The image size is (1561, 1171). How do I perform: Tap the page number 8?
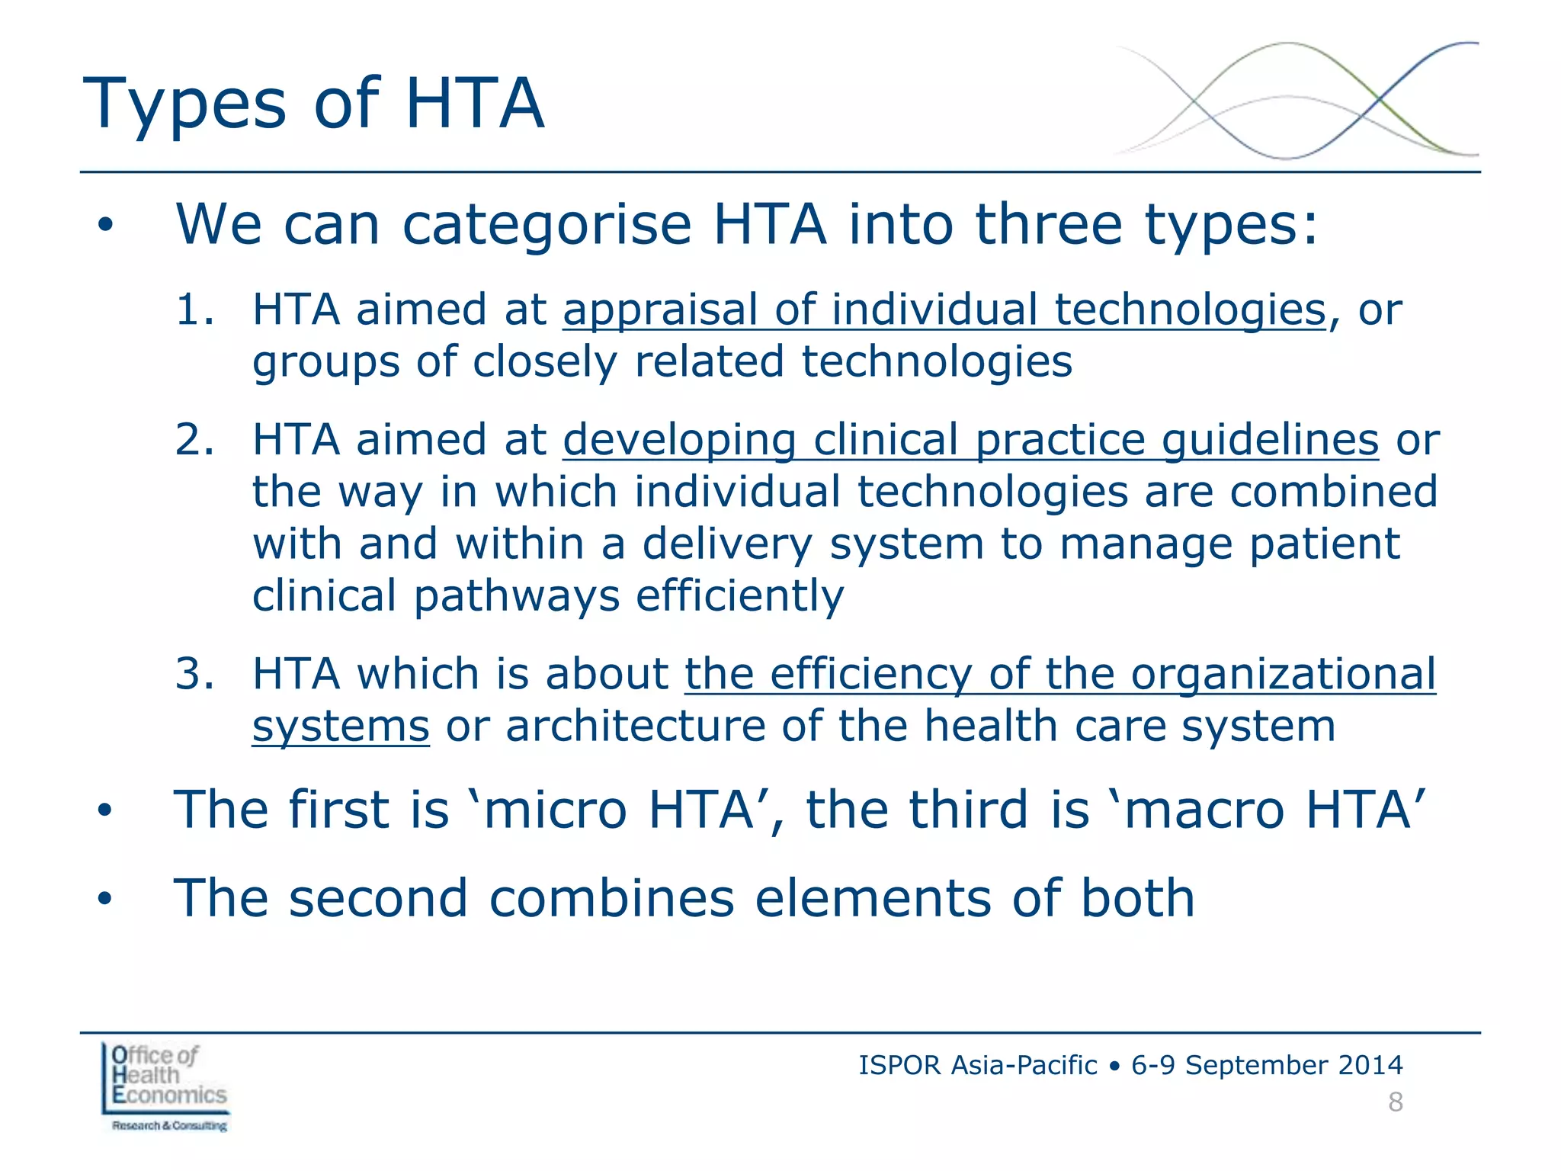coord(1395,1102)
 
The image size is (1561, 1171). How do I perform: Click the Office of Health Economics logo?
coord(165,1087)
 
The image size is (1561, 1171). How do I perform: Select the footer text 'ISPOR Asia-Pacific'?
coord(977,1065)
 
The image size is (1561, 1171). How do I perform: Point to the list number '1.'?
coord(194,310)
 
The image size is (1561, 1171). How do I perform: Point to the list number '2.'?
coord(194,440)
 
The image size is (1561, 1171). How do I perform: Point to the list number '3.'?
coord(194,674)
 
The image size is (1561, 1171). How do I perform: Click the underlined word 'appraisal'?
coord(660,311)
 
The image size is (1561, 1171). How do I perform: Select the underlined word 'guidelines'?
coord(1270,441)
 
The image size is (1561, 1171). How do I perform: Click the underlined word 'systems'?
coord(341,727)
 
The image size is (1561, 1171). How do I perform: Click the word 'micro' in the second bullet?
coord(554,810)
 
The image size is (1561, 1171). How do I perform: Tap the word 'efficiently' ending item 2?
coord(739,596)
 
